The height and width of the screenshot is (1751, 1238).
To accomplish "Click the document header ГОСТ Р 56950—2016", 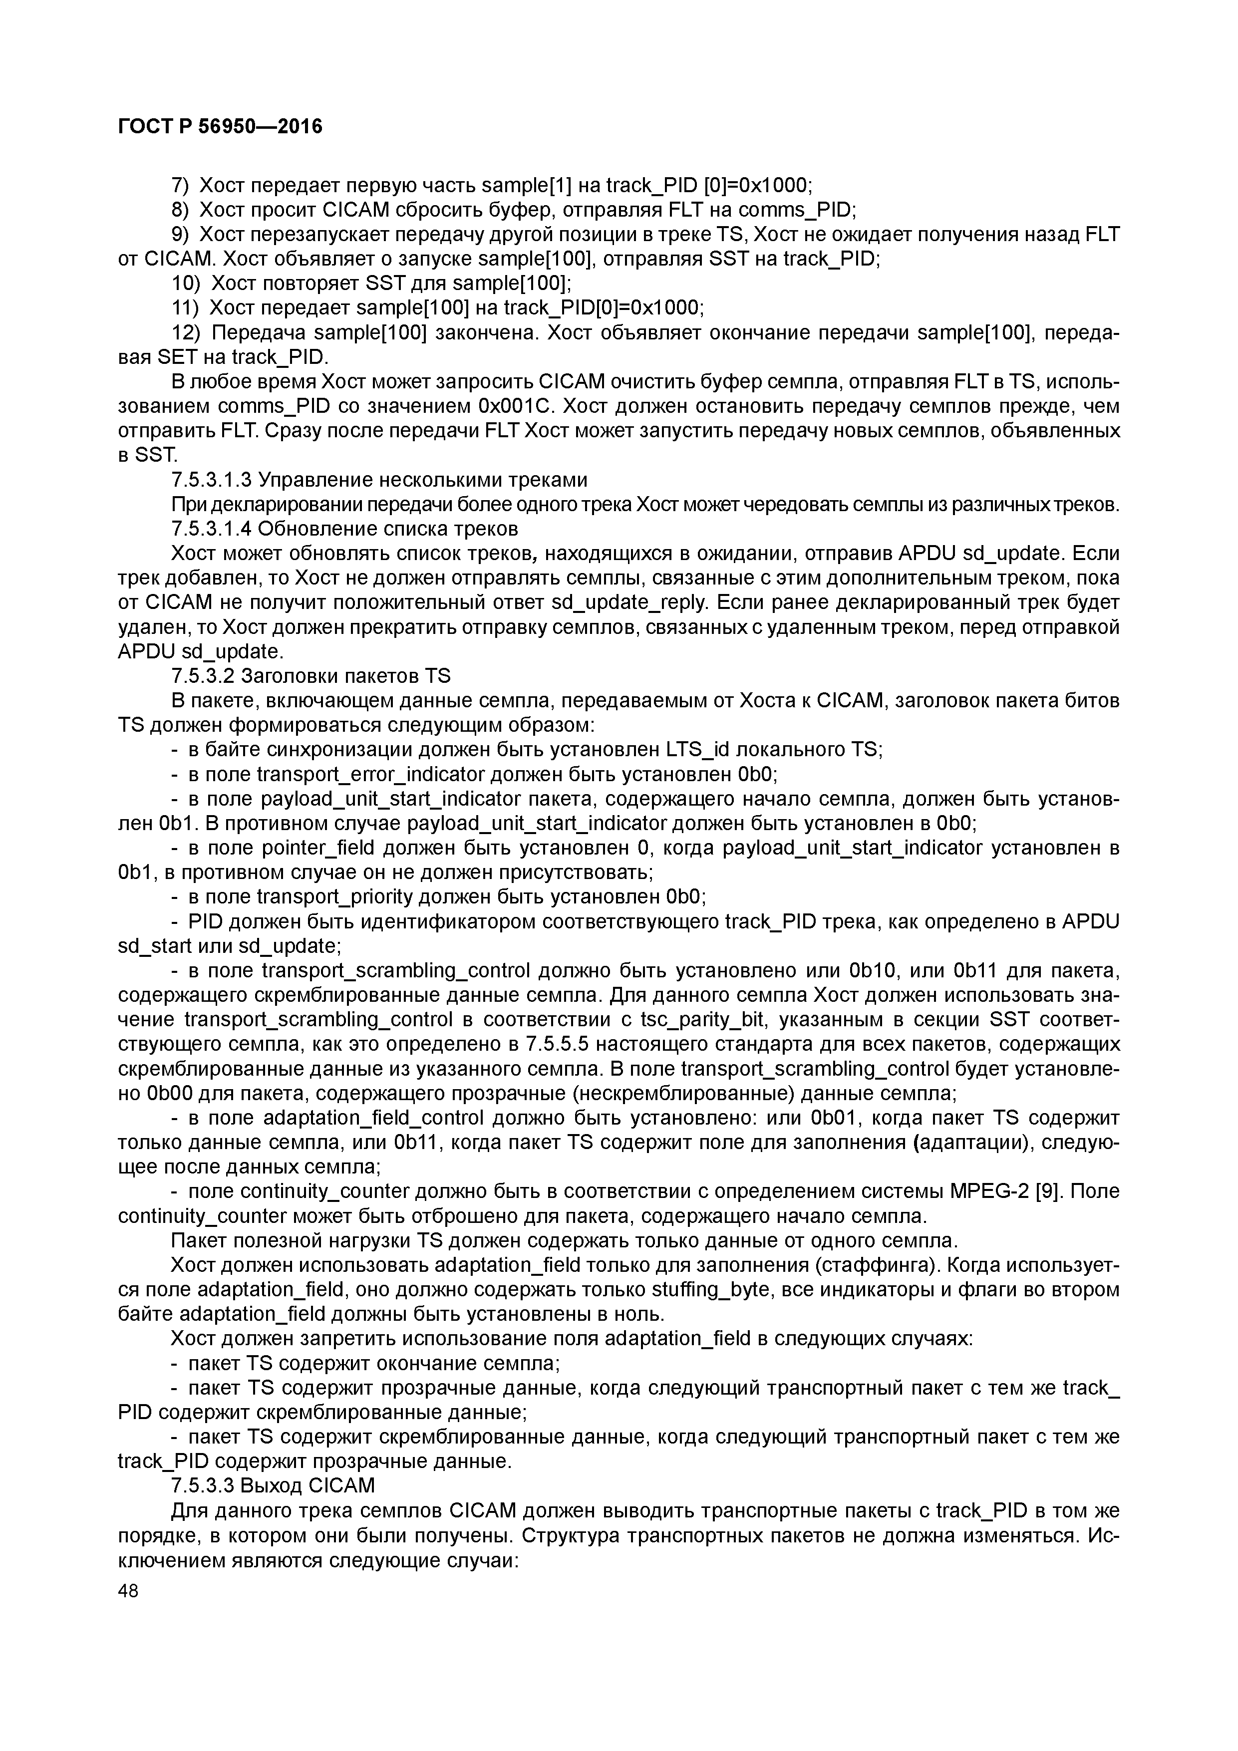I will [221, 127].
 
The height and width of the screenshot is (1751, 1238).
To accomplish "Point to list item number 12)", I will [185, 333].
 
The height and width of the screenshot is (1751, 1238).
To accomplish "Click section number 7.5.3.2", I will [201, 676].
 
